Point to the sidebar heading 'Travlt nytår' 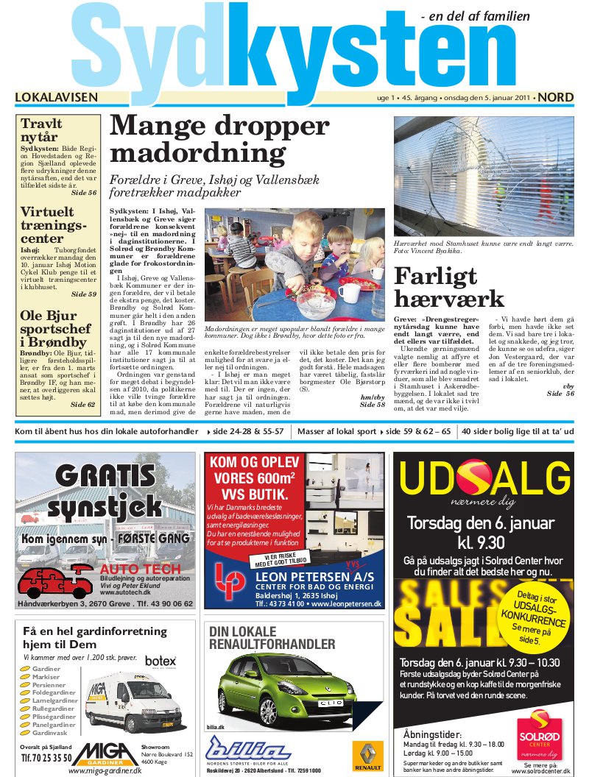coord(41,130)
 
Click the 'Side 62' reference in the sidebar coord(83,405)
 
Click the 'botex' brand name coord(161,661)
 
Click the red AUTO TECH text coord(140,569)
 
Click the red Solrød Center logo coord(540,732)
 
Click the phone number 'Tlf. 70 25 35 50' coord(46,757)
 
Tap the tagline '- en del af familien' coord(485,16)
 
